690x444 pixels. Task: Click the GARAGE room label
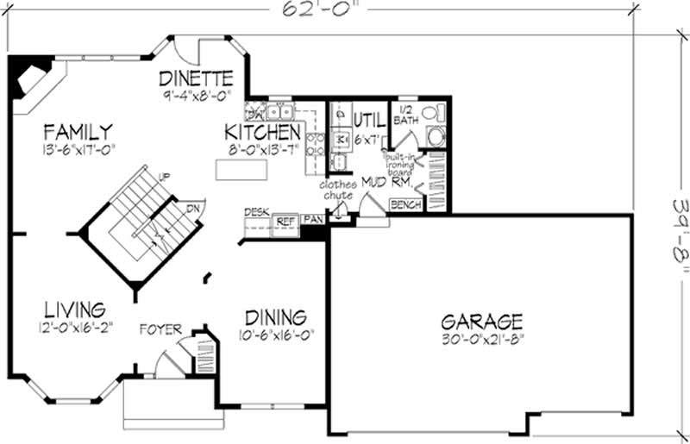(482, 322)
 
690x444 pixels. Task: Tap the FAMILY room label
(78, 132)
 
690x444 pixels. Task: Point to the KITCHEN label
(263, 132)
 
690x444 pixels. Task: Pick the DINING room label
(275, 316)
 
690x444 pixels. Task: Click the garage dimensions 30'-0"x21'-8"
(481, 338)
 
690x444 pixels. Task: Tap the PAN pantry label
(312, 221)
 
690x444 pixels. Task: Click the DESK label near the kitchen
(256, 211)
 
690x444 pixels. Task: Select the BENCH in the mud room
(406, 205)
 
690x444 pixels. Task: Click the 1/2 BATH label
(405, 116)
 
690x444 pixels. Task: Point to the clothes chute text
(338, 190)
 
